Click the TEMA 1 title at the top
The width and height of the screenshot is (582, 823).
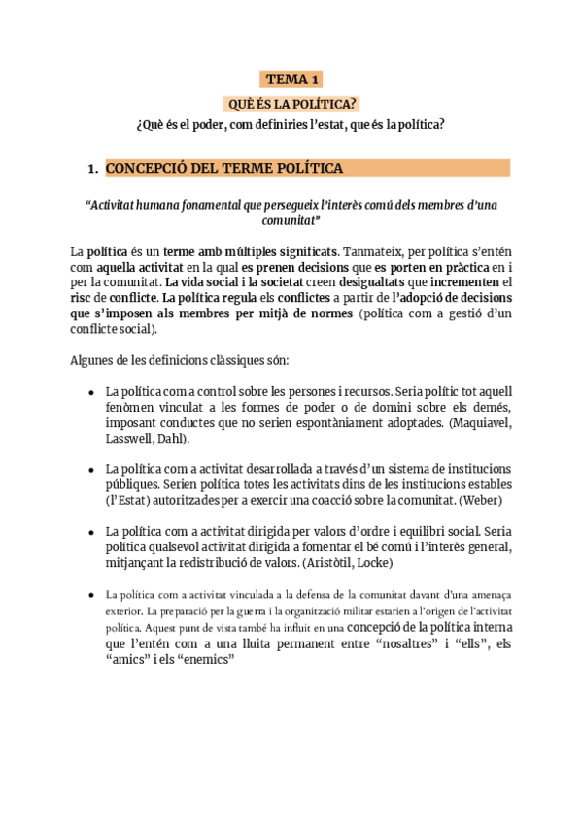291,80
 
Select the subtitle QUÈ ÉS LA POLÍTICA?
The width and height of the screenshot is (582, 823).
291,103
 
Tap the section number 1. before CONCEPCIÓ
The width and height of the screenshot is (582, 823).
93,169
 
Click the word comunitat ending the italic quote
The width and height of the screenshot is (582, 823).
291,220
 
